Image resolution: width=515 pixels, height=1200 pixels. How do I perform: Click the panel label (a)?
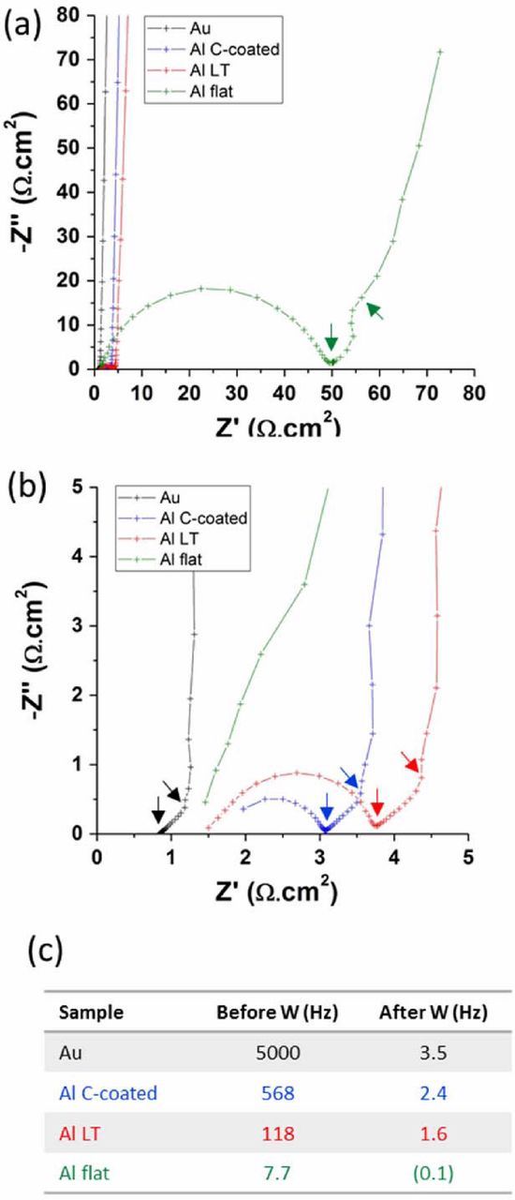pyautogui.click(x=22, y=21)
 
